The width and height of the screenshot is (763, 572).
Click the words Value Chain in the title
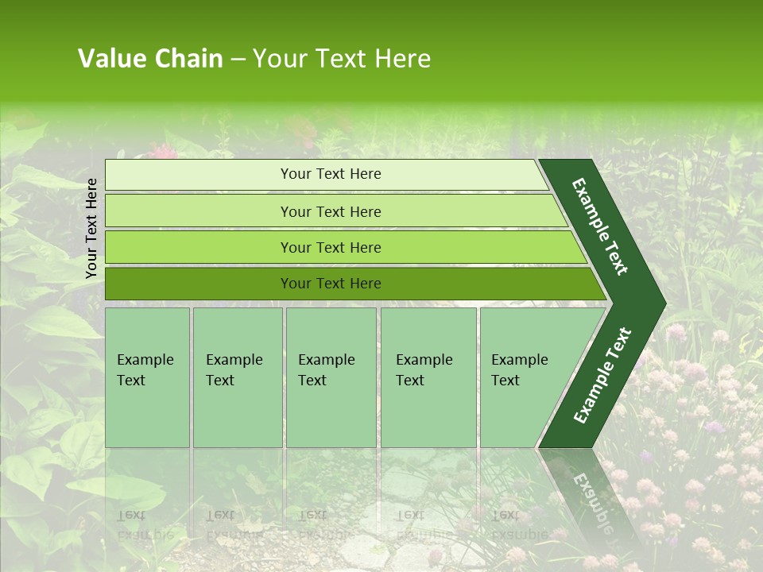[x=150, y=59]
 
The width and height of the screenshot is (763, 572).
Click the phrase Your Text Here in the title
[x=342, y=59]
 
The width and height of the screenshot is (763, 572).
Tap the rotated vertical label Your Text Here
[x=91, y=228]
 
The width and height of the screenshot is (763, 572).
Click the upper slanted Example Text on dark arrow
[x=600, y=226]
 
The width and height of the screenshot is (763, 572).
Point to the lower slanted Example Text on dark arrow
[x=602, y=375]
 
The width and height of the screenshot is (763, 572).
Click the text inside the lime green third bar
[x=331, y=247]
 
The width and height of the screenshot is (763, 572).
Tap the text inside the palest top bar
[x=331, y=174]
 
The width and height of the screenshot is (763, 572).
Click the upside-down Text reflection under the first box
[x=131, y=514]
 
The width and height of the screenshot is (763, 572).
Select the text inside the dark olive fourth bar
[x=331, y=284]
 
